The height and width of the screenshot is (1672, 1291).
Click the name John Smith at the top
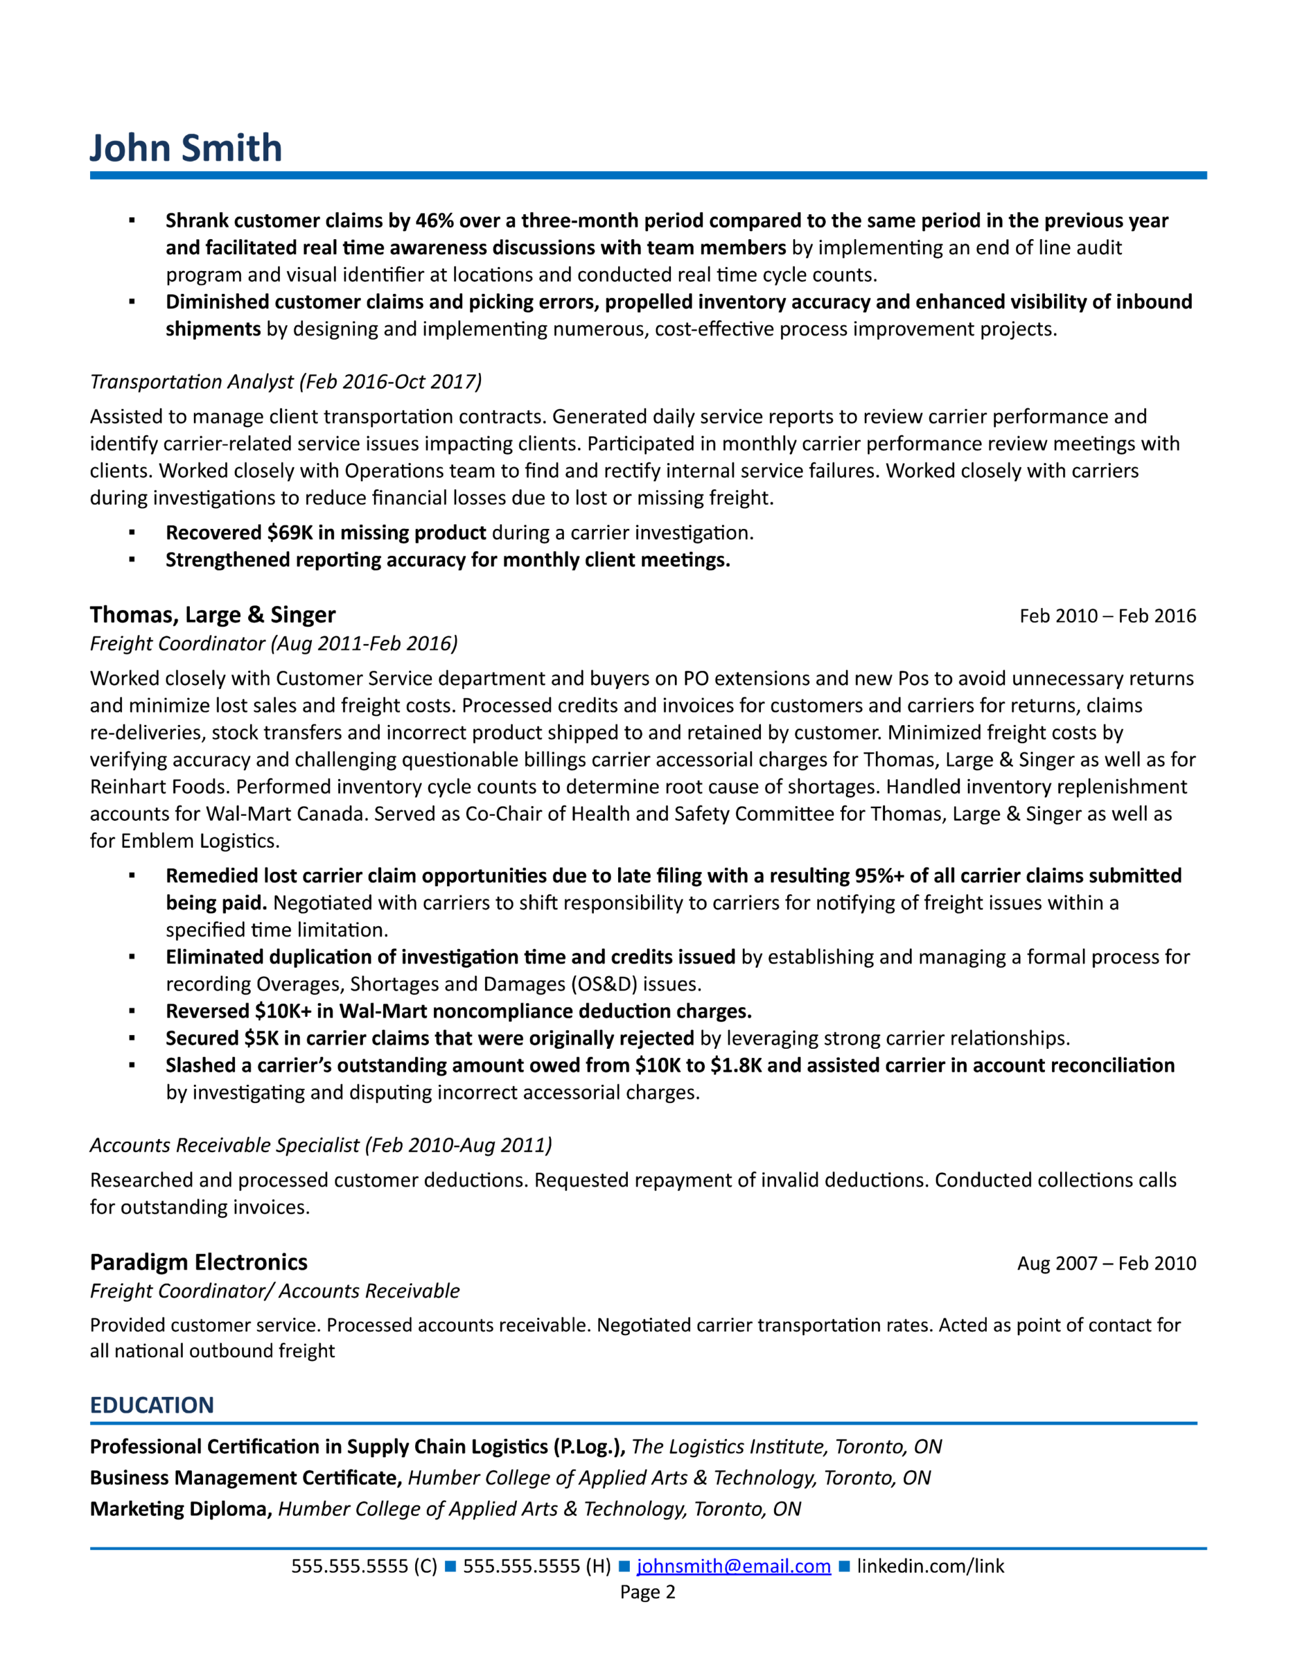186,148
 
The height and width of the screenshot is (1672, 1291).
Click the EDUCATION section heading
151,1405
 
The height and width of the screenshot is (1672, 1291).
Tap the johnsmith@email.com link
733,1566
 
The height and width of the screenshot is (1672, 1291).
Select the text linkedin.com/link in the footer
930,1566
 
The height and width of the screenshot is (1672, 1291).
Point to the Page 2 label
647,1592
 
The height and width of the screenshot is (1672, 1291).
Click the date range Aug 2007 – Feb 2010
1106,1263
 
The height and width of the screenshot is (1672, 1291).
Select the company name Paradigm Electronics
198,1262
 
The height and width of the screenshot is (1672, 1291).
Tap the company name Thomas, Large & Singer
212,615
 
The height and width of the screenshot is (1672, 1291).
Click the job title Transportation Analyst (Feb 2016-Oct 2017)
285,381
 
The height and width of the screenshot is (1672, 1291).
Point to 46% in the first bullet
434,221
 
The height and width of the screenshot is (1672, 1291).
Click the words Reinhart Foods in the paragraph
159,787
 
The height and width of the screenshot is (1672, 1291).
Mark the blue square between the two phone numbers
450,1566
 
